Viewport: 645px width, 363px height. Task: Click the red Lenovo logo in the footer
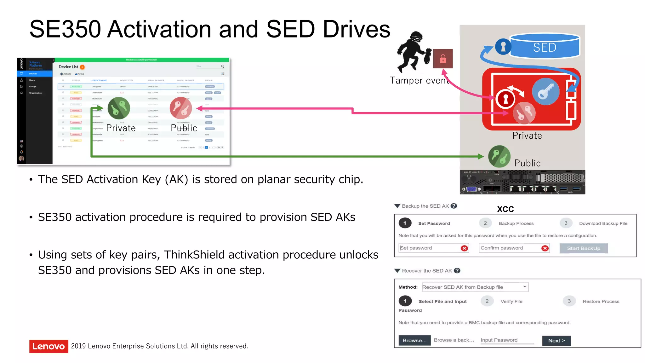pyautogui.click(x=49, y=346)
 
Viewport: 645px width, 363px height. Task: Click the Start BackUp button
pyautogui.click(x=584, y=248)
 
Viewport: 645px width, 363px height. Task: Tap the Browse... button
pyautogui.click(x=414, y=341)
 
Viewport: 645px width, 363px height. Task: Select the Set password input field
pyautogui.click(x=430, y=248)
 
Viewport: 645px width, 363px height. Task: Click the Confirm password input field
pyautogui.click(x=510, y=248)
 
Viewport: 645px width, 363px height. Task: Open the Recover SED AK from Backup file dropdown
pyautogui.click(x=475, y=287)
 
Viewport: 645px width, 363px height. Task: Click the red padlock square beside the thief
pyautogui.click(x=443, y=59)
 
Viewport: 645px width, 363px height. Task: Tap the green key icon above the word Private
pyautogui.click(x=119, y=108)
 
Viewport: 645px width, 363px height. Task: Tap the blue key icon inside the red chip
pyautogui.click(x=545, y=91)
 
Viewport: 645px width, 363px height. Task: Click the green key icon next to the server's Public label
pyautogui.click(x=499, y=156)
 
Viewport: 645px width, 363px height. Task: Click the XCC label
pyautogui.click(x=505, y=209)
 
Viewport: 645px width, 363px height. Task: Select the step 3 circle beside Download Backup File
pyautogui.click(x=566, y=223)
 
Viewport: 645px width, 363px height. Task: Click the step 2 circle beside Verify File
pyautogui.click(x=487, y=301)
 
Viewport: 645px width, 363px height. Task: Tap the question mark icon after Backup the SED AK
pyautogui.click(x=454, y=206)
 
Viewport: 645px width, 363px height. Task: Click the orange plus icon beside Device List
pyautogui.click(x=82, y=67)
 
